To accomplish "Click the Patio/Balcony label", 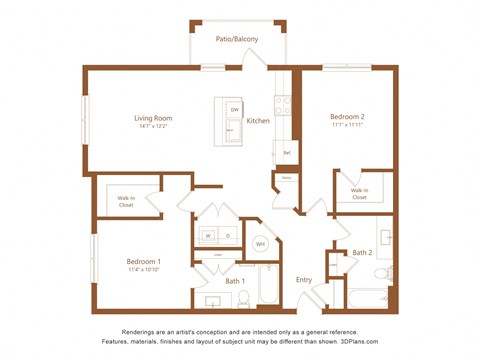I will pyautogui.click(x=237, y=39).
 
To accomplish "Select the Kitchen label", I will pyautogui.click(x=258, y=121).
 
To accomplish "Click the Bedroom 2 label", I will pyautogui.click(x=345, y=117).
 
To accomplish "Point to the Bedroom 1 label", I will pyautogui.click(x=144, y=261).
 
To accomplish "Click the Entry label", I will pyautogui.click(x=304, y=279).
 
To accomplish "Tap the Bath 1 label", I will pyautogui.click(x=235, y=281).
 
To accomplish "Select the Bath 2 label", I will pyautogui.click(x=362, y=253).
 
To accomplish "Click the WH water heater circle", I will pyautogui.click(x=259, y=243).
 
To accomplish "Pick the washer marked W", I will pyautogui.click(x=209, y=236).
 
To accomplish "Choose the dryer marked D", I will pyautogui.click(x=227, y=236).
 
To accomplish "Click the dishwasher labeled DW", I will pyautogui.click(x=234, y=109).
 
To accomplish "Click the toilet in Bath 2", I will pyautogui.click(x=381, y=271).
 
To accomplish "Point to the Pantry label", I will pyautogui.click(x=285, y=178).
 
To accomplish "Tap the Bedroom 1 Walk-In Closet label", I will pyautogui.click(x=127, y=201).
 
